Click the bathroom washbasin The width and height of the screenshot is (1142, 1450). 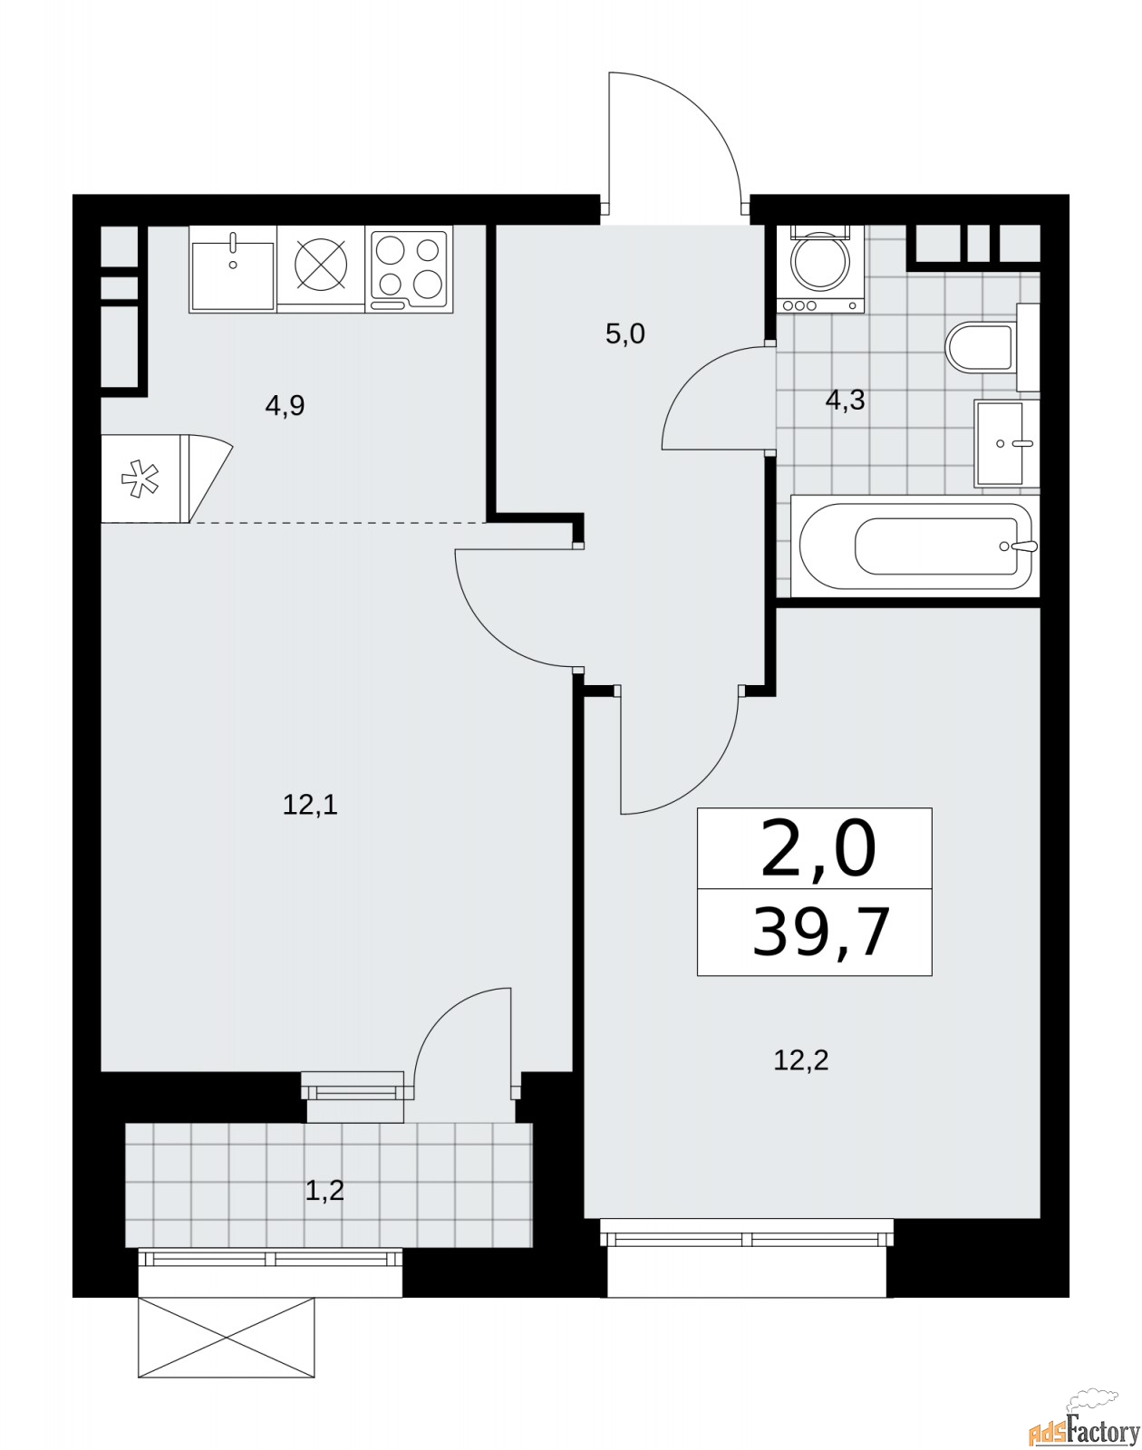point(1005,443)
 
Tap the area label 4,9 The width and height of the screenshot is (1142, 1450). point(285,405)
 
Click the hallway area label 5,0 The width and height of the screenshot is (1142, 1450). point(624,334)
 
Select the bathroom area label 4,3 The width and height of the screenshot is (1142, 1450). point(845,400)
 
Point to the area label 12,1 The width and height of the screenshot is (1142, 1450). point(310,804)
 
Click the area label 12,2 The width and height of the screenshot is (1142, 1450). point(800,1059)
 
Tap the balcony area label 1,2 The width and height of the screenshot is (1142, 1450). point(324,1190)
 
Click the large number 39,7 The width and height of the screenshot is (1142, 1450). point(820,933)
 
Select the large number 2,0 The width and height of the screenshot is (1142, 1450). point(818,851)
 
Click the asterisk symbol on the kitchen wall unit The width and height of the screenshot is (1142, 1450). point(139,478)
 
